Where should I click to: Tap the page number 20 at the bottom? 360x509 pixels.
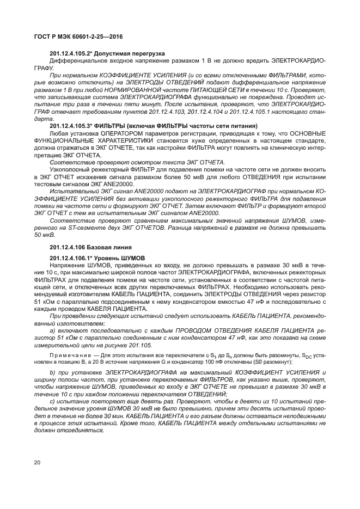click(x=37, y=463)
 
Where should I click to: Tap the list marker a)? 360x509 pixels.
click(x=52, y=330)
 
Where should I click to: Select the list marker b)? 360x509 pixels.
click(x=52, y=372)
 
